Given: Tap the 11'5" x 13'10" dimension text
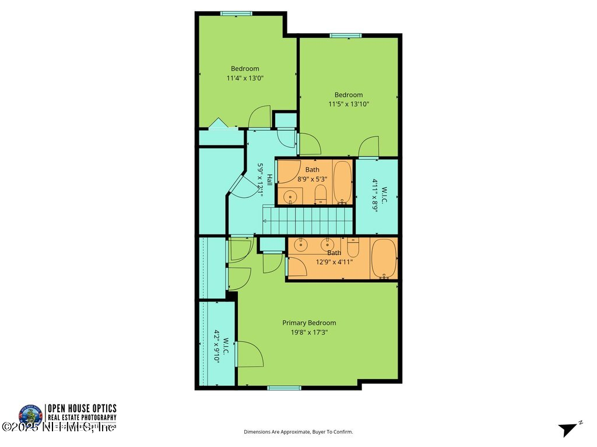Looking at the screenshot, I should [x=349, y=104].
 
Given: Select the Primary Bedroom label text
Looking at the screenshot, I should [x=309, y=323].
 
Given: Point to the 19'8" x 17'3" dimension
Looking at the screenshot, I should [x=309, y=332].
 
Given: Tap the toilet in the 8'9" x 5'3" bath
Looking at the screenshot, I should [x=320, y=194].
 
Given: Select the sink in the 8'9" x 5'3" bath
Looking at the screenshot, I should [x=290, y=196].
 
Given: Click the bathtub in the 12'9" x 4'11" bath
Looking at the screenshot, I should [x=384, y=258].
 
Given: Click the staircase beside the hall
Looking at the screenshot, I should [x=308, y=221].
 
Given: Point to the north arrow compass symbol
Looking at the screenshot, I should [x=568, y=429].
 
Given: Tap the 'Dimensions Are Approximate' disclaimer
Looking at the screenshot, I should [x=298, y=432].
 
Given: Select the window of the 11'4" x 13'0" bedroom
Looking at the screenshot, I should [x=236, y=13].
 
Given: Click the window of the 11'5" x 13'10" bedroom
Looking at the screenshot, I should [x=346, y=36].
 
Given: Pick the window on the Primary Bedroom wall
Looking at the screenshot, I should [x=284, y=388].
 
